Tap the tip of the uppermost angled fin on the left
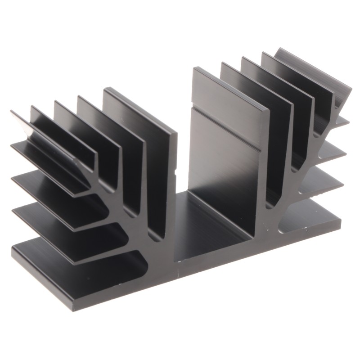tap(13, 112)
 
